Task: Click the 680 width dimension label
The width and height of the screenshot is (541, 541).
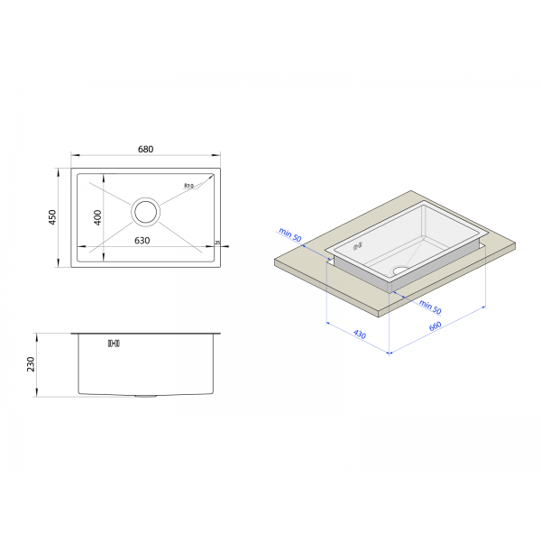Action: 145,149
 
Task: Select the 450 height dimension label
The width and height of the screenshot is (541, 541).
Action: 52,217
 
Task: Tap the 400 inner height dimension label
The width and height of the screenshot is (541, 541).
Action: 98,217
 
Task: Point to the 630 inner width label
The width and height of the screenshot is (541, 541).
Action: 142,241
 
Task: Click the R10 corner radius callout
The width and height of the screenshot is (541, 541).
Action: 188,186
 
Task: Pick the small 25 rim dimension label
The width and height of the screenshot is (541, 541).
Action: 217,243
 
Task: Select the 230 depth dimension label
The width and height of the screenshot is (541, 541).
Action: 31,364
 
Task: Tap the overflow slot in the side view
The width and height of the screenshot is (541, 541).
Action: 114,344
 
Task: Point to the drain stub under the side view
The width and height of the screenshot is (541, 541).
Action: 145,396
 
